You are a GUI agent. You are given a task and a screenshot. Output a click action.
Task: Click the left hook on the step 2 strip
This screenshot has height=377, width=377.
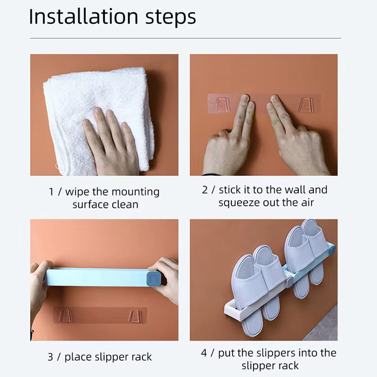click(x=221, y=104)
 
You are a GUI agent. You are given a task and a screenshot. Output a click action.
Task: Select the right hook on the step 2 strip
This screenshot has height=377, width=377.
click(x=306, y=104)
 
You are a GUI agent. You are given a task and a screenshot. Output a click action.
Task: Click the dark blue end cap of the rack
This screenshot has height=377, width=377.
click(x=154, y=279)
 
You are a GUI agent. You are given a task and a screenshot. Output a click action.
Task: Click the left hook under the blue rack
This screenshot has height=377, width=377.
click(x=66, y=316)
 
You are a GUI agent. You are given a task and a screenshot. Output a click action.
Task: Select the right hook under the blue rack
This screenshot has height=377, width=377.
click(x=134, y=316)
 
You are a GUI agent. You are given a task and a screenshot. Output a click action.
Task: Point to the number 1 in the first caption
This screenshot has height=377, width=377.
click(x=51, y=192)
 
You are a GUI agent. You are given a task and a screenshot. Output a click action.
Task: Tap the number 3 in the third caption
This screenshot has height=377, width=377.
click(x=50, y=357)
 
